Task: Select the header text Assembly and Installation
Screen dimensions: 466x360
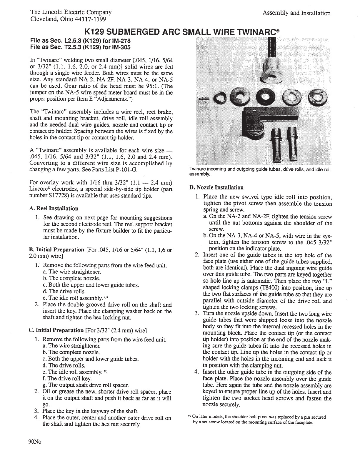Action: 296,13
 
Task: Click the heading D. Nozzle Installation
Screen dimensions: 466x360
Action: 216,187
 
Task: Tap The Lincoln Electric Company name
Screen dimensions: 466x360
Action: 71,13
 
